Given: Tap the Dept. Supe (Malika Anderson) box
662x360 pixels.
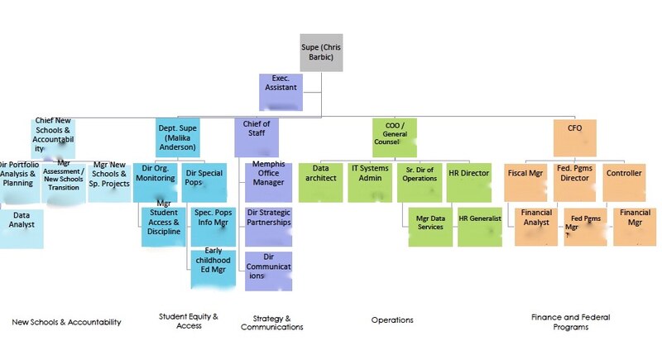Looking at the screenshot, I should (x=178, y=137).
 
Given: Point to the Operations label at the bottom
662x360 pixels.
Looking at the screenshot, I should (x=392, y=319).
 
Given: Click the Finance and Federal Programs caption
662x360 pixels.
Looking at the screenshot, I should (x=572, y=321).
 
